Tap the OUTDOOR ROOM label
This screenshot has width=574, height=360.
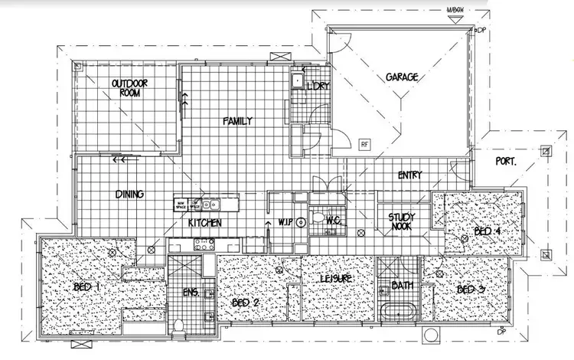[x=127, y=88]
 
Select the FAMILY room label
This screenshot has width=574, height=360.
[x=237, y=121]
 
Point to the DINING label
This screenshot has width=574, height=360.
[x=130, y=194]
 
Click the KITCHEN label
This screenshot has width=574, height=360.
[x=205, y=223]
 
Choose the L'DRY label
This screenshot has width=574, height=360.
[x=318, y=86]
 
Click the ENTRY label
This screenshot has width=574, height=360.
[x=410, y=175]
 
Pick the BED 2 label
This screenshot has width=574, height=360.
[x=246, y=303]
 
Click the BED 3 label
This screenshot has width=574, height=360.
[x=471, y=290]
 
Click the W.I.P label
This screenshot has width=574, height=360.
[x=287, y=222]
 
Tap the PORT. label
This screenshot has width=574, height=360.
[x=507, y=162]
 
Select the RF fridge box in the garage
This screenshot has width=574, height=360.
[x=364, y=142]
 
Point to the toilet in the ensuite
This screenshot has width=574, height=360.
[x=178, y=325]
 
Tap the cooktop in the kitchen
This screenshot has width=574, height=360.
[x=204, y=244]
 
